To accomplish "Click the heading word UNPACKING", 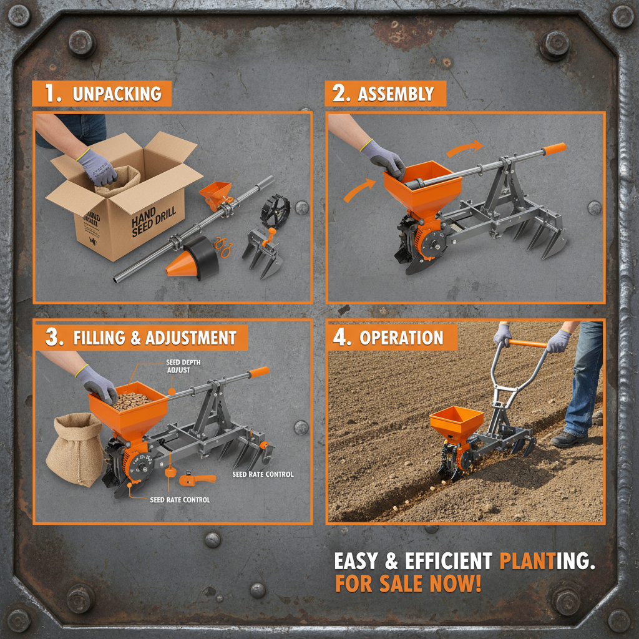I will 117,94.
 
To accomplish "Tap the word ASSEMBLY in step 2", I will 396,94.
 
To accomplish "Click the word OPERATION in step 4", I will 401,338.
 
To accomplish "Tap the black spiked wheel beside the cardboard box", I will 275,210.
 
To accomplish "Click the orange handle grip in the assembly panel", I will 554,149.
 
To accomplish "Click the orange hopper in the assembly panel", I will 422,185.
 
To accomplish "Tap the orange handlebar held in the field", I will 526,343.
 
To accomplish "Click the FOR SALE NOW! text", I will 408,585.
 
